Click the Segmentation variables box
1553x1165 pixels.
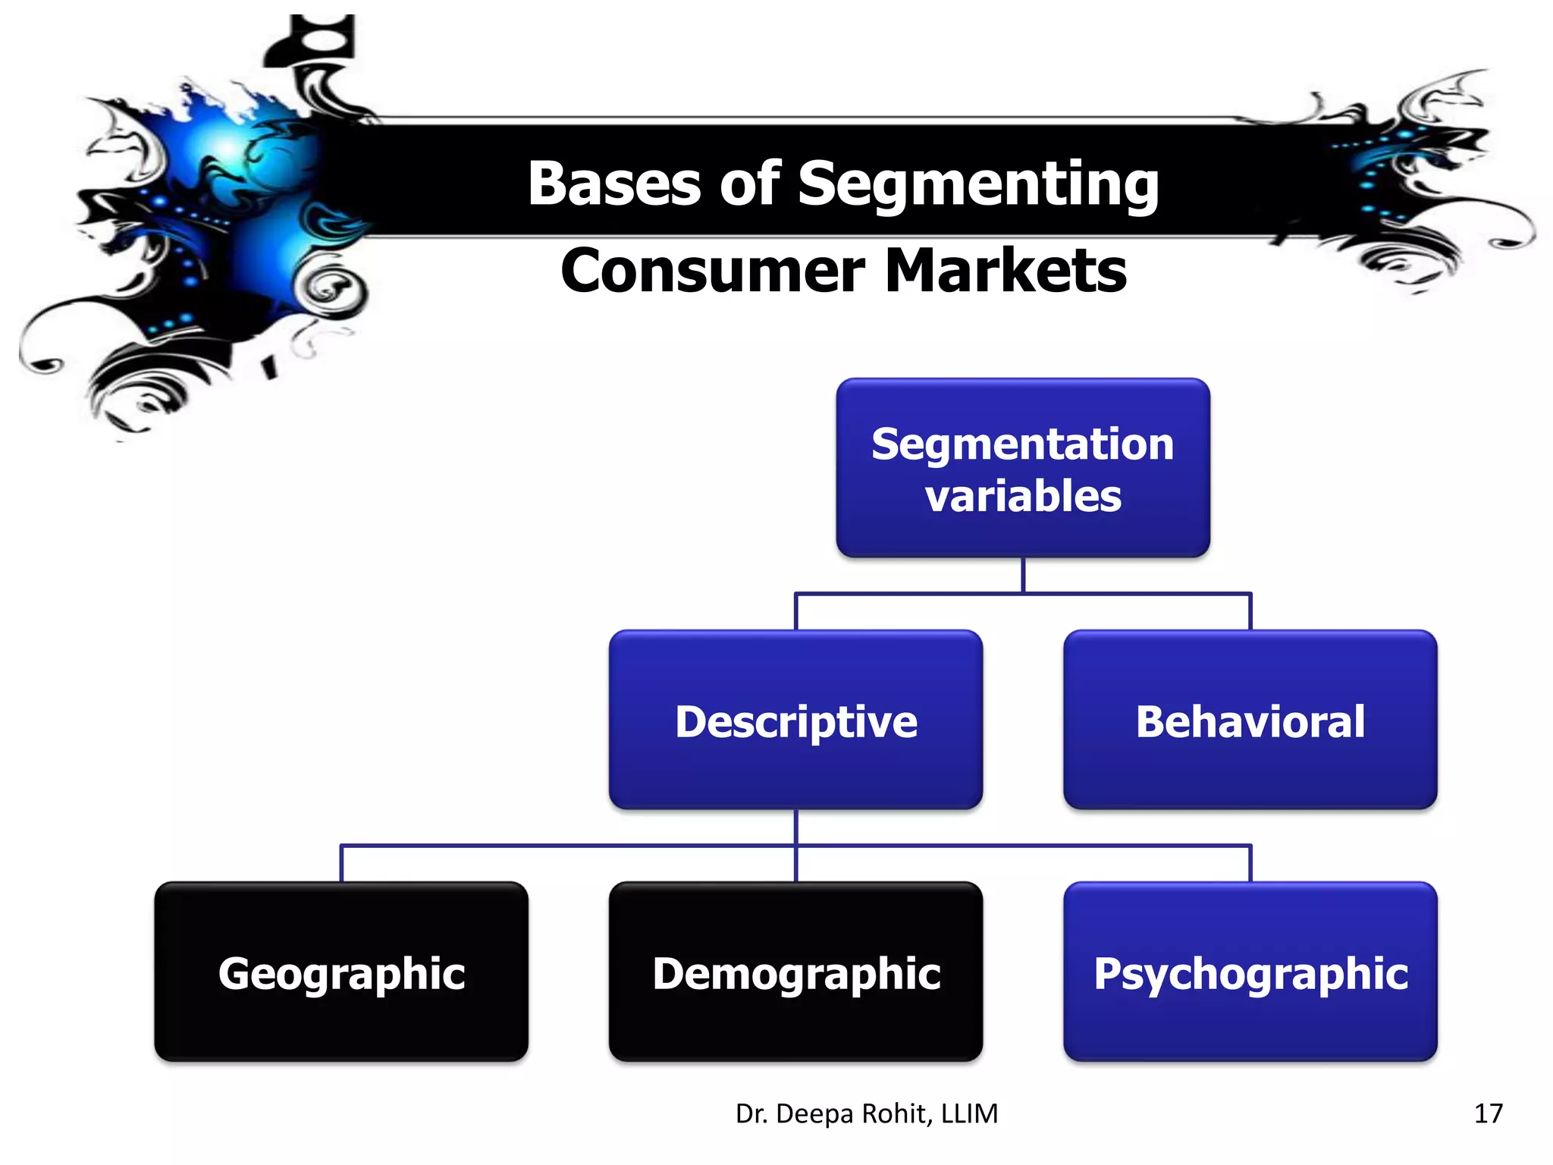1023,468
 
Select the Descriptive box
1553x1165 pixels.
795,720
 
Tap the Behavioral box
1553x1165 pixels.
1250,720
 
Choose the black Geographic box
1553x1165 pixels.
341,972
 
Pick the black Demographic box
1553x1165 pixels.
795,972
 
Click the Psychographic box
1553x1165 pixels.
1250,972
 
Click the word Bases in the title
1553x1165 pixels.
614,184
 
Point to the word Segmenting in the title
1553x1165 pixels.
978,185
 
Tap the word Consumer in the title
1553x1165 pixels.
712,271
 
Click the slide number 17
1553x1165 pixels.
1488,1113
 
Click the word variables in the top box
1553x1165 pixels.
1023,496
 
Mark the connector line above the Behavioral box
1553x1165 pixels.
1250,611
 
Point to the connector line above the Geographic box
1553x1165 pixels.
341,863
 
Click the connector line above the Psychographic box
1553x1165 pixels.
1250,863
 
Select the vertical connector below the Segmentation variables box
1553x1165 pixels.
1023,575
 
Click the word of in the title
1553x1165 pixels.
749,184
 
